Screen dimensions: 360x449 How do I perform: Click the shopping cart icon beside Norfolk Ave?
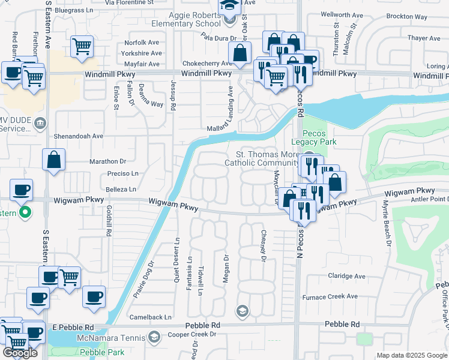[x=82, y=46]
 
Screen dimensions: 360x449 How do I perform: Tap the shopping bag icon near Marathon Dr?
[x=53, y=160]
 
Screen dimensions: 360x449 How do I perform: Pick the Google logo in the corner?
[x=20, y=353]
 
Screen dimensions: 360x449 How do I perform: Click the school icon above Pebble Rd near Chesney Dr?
[x=242, y=310]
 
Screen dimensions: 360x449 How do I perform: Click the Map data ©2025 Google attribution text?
[x=412, y=355]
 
